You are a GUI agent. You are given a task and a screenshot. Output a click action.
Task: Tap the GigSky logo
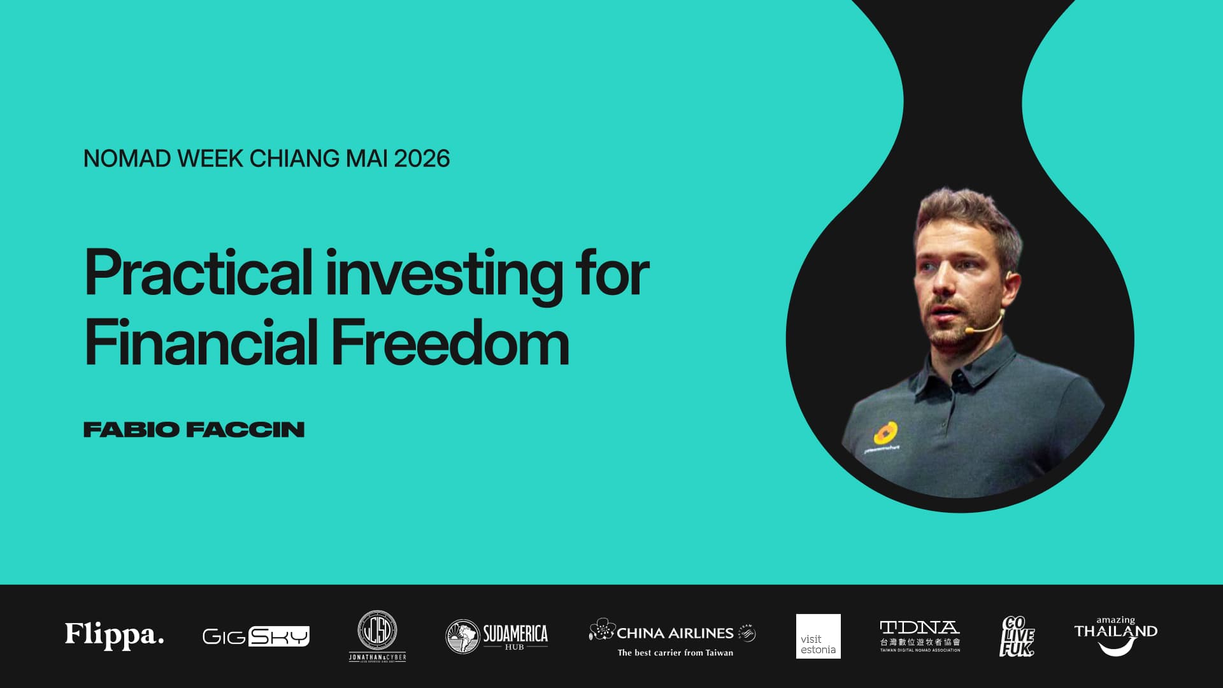(255, 636)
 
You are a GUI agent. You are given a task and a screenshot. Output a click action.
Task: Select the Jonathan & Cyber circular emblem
(377, 631)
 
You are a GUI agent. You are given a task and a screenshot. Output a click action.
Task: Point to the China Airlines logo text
(675, 633)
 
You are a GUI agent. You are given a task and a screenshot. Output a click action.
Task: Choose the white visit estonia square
(818, 636)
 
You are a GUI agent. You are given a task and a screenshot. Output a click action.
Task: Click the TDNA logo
(920, 636)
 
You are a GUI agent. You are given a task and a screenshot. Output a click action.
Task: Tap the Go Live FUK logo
(1017, 636)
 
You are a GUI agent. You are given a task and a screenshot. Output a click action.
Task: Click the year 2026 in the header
(422, 159)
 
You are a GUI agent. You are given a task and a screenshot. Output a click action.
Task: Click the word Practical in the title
(198, 273)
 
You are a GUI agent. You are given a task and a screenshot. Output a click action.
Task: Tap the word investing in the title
(444, 274)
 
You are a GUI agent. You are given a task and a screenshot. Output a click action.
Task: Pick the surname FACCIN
(246, 429)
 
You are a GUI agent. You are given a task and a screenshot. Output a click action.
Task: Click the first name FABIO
(131, 429)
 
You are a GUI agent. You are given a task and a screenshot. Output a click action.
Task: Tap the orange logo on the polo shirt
(885, 433)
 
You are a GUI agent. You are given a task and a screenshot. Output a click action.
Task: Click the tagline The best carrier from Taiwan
(675, 652)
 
